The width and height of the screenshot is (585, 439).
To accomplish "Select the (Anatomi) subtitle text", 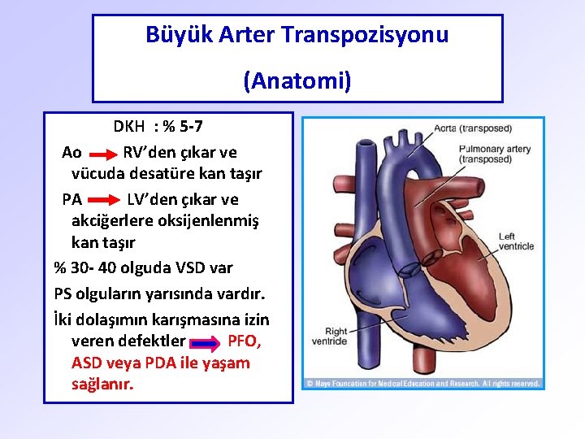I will coord(297,80).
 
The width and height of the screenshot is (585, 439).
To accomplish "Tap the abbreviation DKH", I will coord(129,127).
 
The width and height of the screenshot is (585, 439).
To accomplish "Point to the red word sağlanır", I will coord(102,384).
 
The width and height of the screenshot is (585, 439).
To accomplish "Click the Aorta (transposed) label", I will coord(472,128).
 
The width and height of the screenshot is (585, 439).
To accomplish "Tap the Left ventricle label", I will coord(517,241).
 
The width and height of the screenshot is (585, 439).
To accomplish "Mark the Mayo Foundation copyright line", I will coord(422,383).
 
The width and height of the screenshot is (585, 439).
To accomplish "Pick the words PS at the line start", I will coord(64,293).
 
